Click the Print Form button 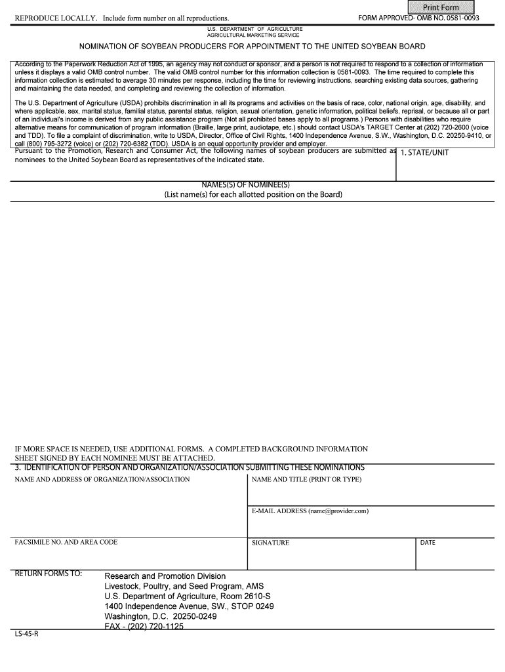coord(441,7)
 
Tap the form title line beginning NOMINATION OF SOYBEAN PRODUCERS coord(253,47)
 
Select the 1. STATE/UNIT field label coord(424,153)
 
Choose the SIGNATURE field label coord(270,543)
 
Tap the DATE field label coord(428,543)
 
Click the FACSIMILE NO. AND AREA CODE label coord(66,542)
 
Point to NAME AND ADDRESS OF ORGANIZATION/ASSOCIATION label coord(102,479)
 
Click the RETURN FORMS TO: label coord(49,574)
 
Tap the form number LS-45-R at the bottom coord(27,635)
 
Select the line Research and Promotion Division coord(165,576)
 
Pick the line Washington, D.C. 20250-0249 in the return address coord(160,617)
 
